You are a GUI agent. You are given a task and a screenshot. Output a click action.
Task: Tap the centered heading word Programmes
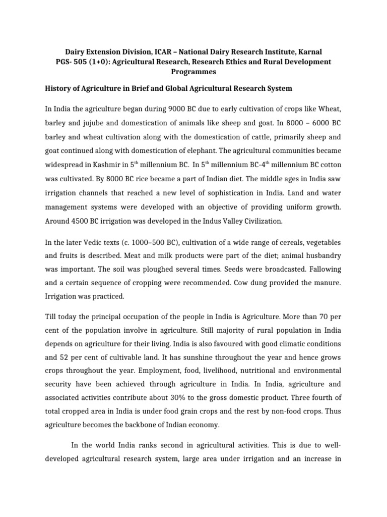(x=193, y=72)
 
